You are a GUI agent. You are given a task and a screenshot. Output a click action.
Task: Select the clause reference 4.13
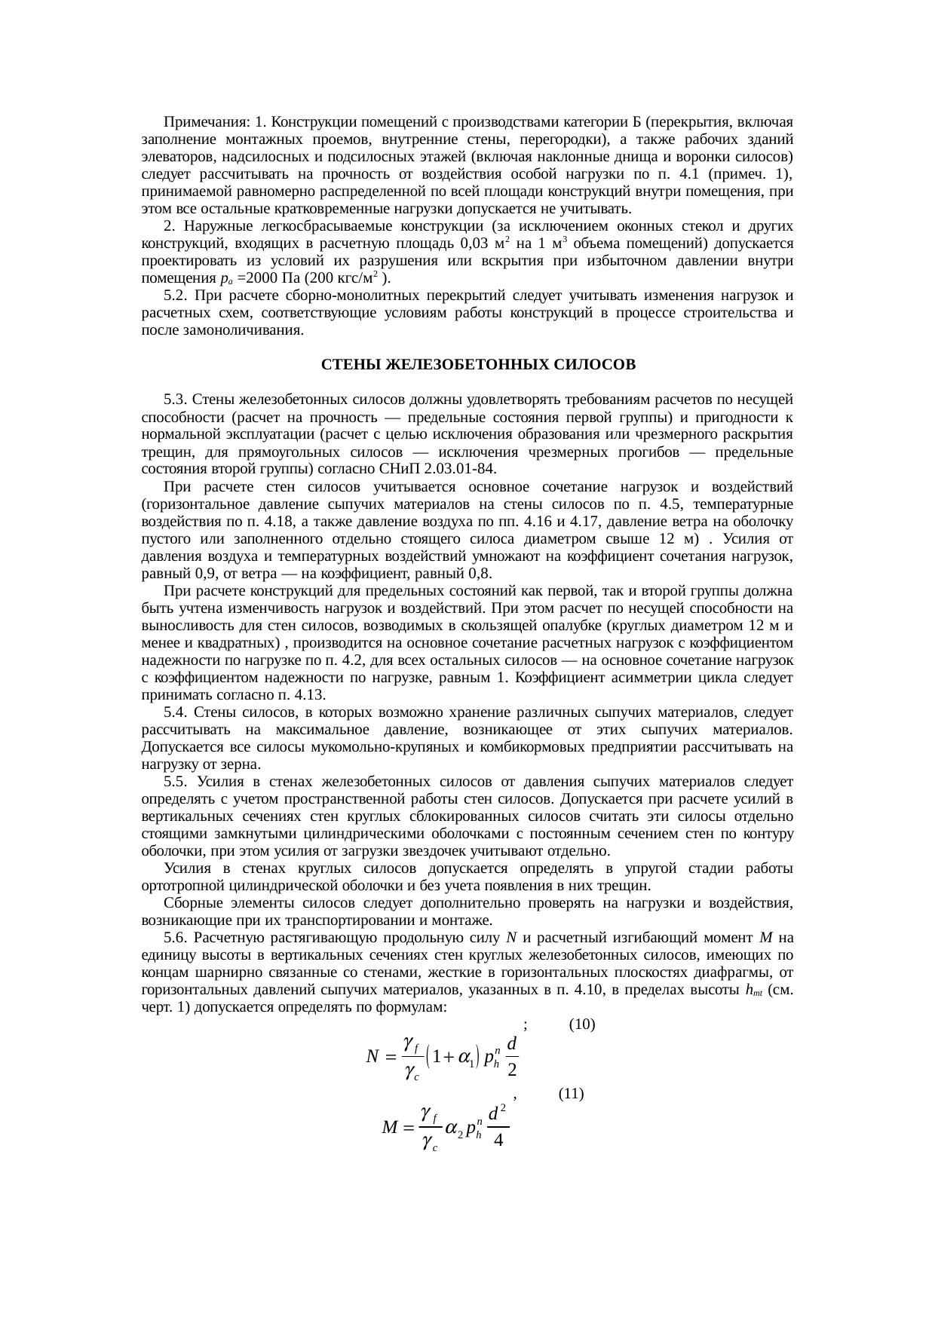(310, 695)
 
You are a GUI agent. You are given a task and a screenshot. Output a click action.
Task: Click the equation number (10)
(582, 1024)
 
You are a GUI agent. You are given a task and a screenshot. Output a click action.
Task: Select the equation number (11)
(572, 1094)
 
